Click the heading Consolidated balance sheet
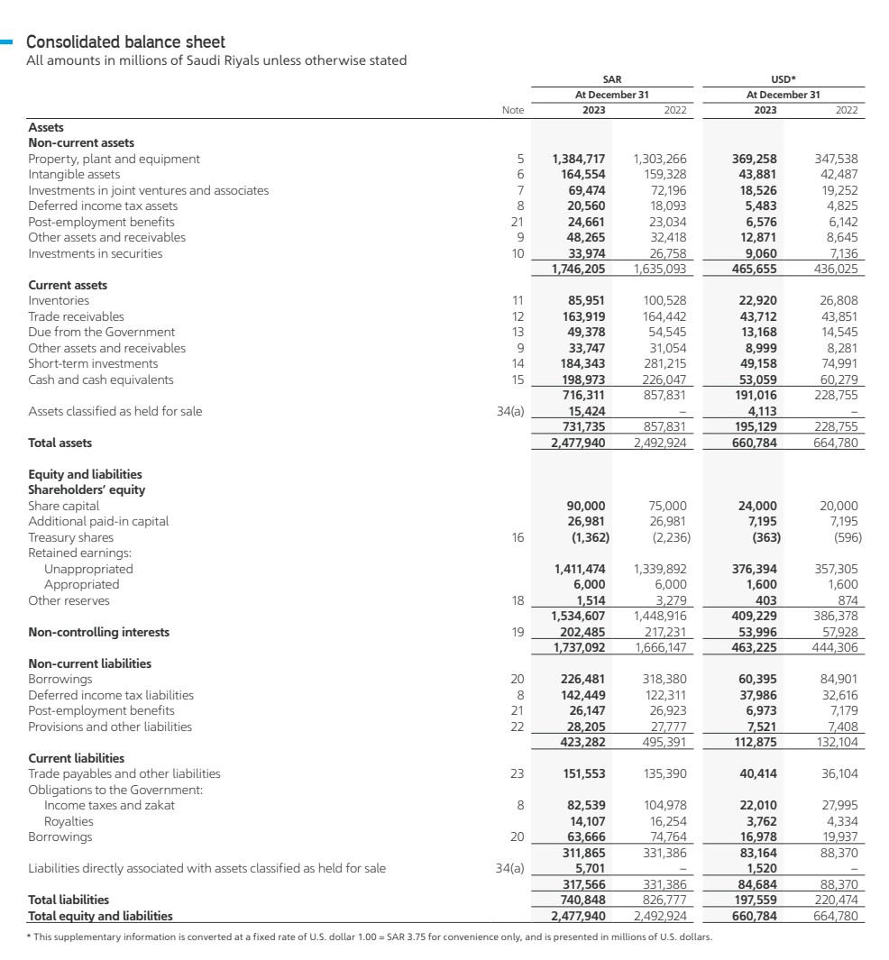[126, 42]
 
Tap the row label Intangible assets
[74, 174]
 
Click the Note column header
[512, 110]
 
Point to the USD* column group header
[783, 79]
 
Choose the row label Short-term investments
[93, 363]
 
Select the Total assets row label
[60, 443]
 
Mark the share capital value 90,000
[585, 506]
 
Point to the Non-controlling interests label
[99, 632]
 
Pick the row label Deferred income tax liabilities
[111, 695]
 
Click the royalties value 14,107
[586, 821]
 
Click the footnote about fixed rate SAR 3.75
[370, 937]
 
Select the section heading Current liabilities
[77, 758]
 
